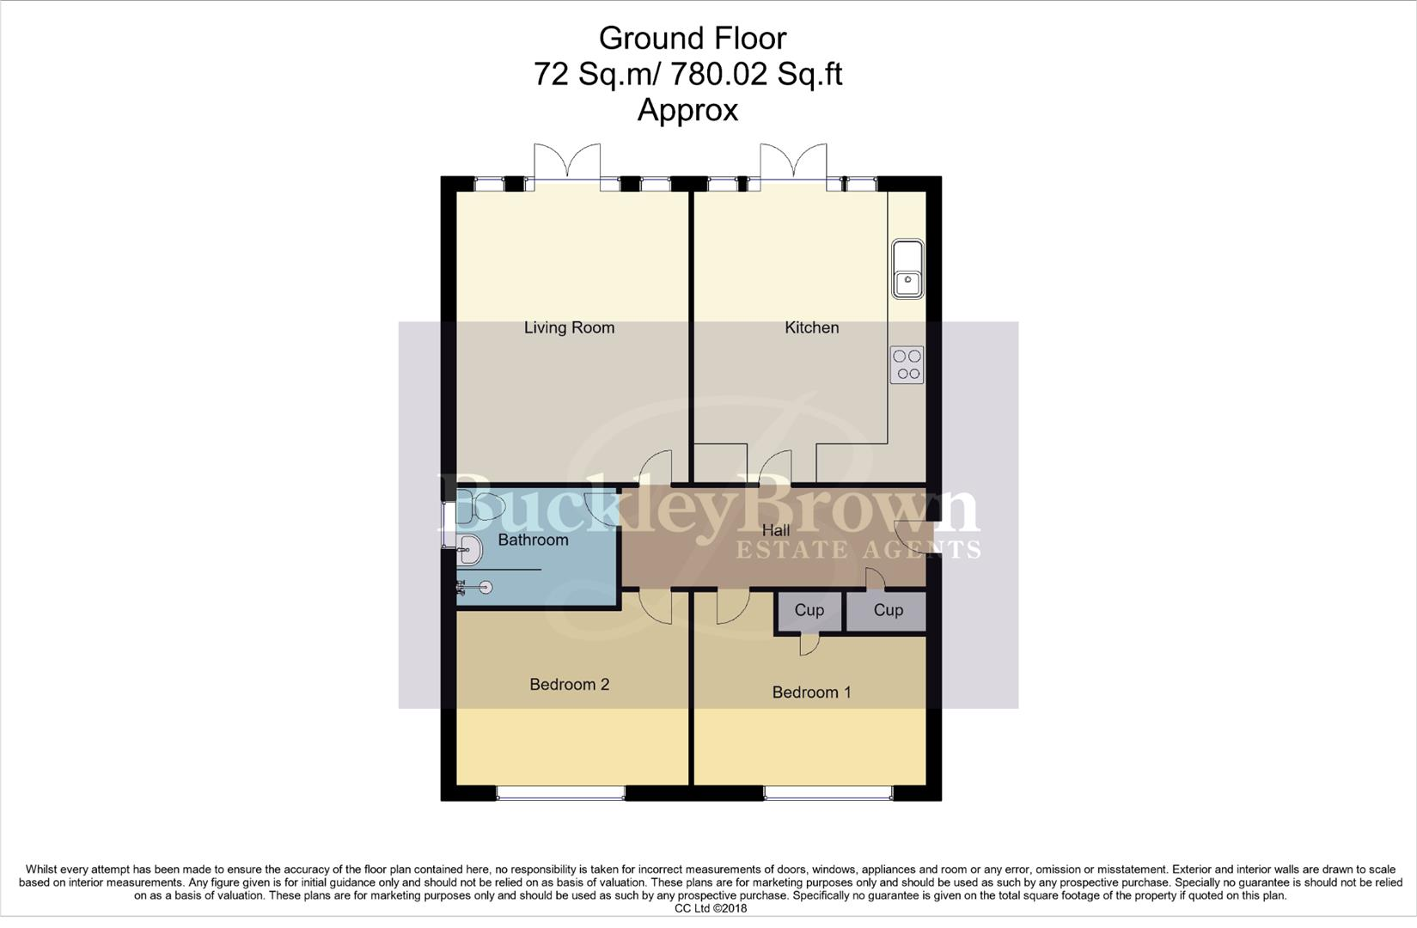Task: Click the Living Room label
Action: point(569,327)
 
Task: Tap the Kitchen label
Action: point(811,327)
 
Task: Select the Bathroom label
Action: point(533,540)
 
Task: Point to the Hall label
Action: point(775,531)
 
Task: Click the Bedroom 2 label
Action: point(569,685)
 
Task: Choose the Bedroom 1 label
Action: point(811,693)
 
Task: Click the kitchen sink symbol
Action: point(907,268)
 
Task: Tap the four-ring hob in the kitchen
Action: point(907,364)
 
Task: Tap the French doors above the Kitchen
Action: point(793,163)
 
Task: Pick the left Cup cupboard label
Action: point(809,610)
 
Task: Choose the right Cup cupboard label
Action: point(888,610)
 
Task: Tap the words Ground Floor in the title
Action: point(692,38)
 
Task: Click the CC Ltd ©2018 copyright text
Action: point(710,908)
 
